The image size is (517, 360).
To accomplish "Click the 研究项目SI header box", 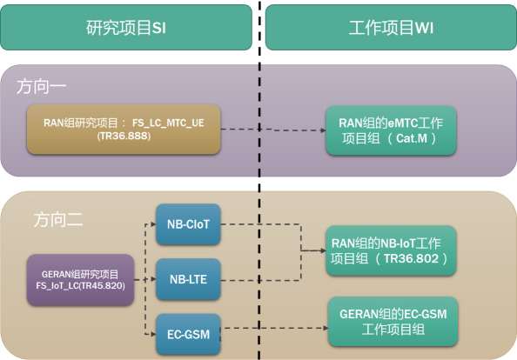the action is pos(126,27).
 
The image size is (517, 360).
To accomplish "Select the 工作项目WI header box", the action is pos(391,27).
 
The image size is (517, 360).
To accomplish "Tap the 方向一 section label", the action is pos(42,87).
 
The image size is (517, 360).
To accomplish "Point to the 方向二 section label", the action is pos(58,220).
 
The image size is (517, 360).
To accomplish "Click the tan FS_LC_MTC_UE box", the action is pos(124,129).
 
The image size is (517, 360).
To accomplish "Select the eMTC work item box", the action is pos(391,130).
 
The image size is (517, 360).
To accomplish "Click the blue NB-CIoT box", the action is pos(188,224).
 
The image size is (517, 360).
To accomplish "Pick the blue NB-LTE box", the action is pos(188,279).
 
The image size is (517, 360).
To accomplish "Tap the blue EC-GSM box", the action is pos(188,334).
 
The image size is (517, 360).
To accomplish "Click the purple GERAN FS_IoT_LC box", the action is pos(80,280).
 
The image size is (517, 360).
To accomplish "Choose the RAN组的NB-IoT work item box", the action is pos(391,250).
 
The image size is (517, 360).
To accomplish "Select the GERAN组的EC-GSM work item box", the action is pos(393,322).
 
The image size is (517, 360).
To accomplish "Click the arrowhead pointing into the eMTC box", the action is pos(324,130).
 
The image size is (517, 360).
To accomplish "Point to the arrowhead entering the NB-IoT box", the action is pos(324,250).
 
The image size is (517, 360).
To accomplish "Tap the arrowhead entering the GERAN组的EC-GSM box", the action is pos(326,328).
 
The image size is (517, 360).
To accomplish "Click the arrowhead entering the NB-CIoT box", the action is pos(153,224).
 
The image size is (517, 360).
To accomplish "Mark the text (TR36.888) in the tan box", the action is pos(124,136).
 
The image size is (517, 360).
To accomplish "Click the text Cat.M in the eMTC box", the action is pos(412,138).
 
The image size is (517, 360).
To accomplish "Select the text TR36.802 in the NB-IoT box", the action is pos(411,258).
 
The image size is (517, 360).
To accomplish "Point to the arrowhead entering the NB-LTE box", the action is pos(153,279).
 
